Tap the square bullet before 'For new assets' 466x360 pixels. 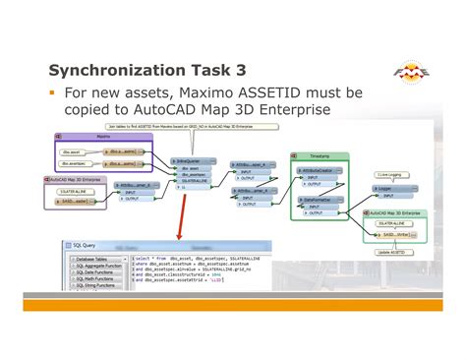coord(52,93)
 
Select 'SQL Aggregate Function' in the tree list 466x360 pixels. coord(99,267)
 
